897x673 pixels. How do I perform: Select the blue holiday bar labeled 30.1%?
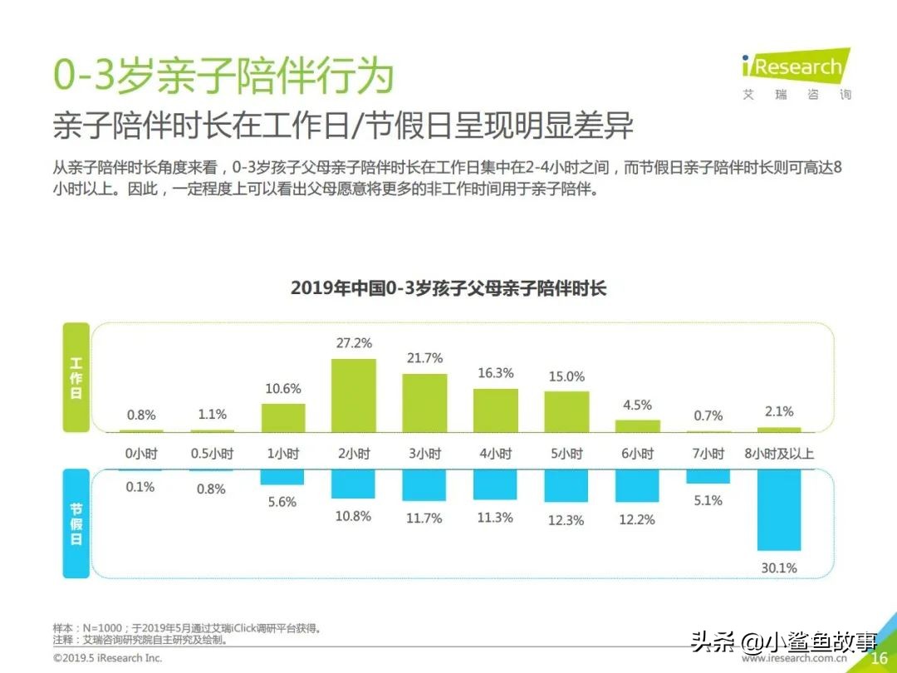tap(778, 510)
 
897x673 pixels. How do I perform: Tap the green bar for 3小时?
tap(424, 403)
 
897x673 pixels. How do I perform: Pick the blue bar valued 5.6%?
tap(282, 477)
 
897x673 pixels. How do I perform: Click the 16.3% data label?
tap(495, 373)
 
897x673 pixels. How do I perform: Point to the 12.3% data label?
tap(566, 520)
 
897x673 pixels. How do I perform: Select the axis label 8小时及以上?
tap(778, 454)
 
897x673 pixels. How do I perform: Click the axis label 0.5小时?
tap(212, 454)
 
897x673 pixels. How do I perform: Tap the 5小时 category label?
tap(566, 454)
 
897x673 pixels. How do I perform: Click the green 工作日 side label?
tap(76, 378)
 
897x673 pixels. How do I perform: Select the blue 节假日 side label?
tap(76, 524)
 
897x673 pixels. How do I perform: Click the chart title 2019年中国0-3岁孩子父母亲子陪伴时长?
tap(448, 288)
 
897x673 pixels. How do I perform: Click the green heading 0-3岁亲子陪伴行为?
tap(223, 76)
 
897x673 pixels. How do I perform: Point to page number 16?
tap(879, 658)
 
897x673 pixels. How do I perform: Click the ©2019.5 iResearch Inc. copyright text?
tap(108, 658)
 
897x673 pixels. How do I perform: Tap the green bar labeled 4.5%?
tap(637, 425)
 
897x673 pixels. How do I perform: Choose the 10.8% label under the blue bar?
tap(353, 516)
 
